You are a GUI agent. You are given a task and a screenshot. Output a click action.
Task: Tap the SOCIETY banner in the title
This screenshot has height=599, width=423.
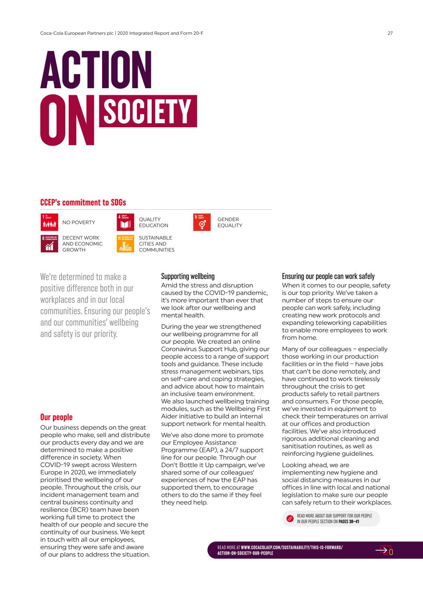[148, 111]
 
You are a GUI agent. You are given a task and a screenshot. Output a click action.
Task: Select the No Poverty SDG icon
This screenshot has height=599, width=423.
[49, 222]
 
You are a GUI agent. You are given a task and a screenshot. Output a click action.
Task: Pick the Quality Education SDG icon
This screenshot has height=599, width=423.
[125, 222]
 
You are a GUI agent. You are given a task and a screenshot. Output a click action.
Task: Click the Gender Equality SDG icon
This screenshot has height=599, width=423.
[202, 222]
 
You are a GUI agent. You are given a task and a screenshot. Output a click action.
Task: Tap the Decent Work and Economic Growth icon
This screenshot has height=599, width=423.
[49, 244]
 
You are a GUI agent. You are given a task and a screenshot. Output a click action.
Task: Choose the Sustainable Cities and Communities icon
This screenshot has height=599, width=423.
[125, 244]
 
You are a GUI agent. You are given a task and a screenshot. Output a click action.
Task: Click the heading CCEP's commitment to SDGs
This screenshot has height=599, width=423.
[83, 202]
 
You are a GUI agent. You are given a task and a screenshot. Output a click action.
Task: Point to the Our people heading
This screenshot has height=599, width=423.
[56, 417]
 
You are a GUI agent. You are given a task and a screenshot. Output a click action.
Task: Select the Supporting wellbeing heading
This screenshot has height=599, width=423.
[188, 276]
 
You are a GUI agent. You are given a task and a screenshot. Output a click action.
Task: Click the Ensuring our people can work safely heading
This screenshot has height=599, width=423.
[328, 276]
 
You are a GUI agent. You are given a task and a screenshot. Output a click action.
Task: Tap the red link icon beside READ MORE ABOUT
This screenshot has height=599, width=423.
[290, 519]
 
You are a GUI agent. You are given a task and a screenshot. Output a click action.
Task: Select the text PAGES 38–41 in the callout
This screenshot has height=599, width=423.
[349, 522]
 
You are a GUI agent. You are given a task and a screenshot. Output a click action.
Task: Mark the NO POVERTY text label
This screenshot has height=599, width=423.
[78, 222]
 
